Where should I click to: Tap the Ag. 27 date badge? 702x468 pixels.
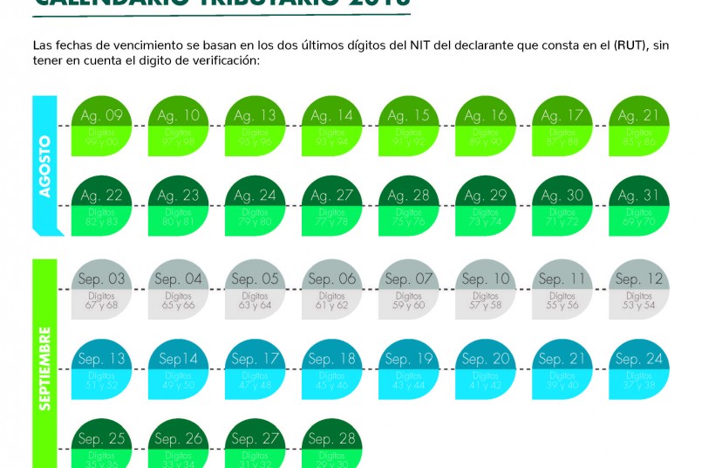tap(331, 206)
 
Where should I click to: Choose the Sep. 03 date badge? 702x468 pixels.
tap(101, 289)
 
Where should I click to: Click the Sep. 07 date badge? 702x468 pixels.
tap(408, 289)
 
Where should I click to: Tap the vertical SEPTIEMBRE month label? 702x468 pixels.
tap(44, 367)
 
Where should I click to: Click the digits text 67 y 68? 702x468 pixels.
tap(101, 306)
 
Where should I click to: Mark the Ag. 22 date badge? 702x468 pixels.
tap(101, 206)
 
